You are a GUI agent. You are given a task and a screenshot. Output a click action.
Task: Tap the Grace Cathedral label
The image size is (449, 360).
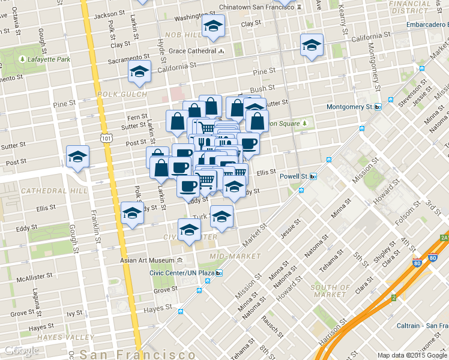pyautogui.click(x=192, y=51)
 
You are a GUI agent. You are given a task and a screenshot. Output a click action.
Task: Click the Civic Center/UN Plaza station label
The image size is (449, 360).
pyautogui.click(x=182, y=273)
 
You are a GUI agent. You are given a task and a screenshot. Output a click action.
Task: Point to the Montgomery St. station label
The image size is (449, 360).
pyautogui.click(x=350, y=107)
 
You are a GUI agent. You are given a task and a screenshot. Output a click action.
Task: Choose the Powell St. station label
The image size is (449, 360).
pyautogui.click(x=294, y=176)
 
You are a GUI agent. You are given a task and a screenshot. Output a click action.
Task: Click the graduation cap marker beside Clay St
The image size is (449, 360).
pyautogui.click(x=212, y=26)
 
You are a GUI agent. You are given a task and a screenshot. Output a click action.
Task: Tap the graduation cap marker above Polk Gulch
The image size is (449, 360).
pyautogui.click(x=139, y=72)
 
